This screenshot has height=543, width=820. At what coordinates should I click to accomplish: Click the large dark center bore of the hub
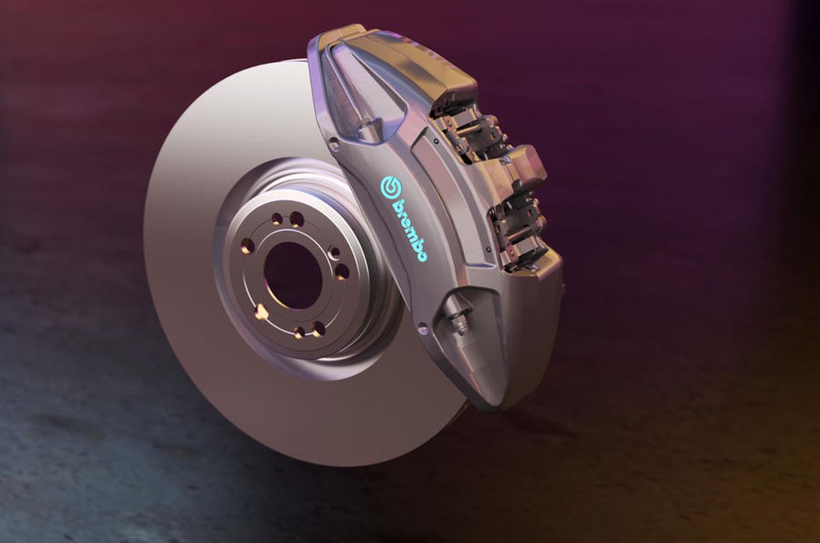[292, 275]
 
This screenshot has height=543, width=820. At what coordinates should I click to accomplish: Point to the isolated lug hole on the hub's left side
[248, 245]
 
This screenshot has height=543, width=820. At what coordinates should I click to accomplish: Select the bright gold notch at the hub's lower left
[260, 311]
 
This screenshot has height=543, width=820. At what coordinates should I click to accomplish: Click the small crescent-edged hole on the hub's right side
[335, 253]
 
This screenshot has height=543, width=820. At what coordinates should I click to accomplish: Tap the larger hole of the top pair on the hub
[297, 219]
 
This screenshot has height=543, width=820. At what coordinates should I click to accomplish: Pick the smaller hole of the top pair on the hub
[277, 219]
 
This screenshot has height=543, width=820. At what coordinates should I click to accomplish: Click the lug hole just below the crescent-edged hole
[342, 272]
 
